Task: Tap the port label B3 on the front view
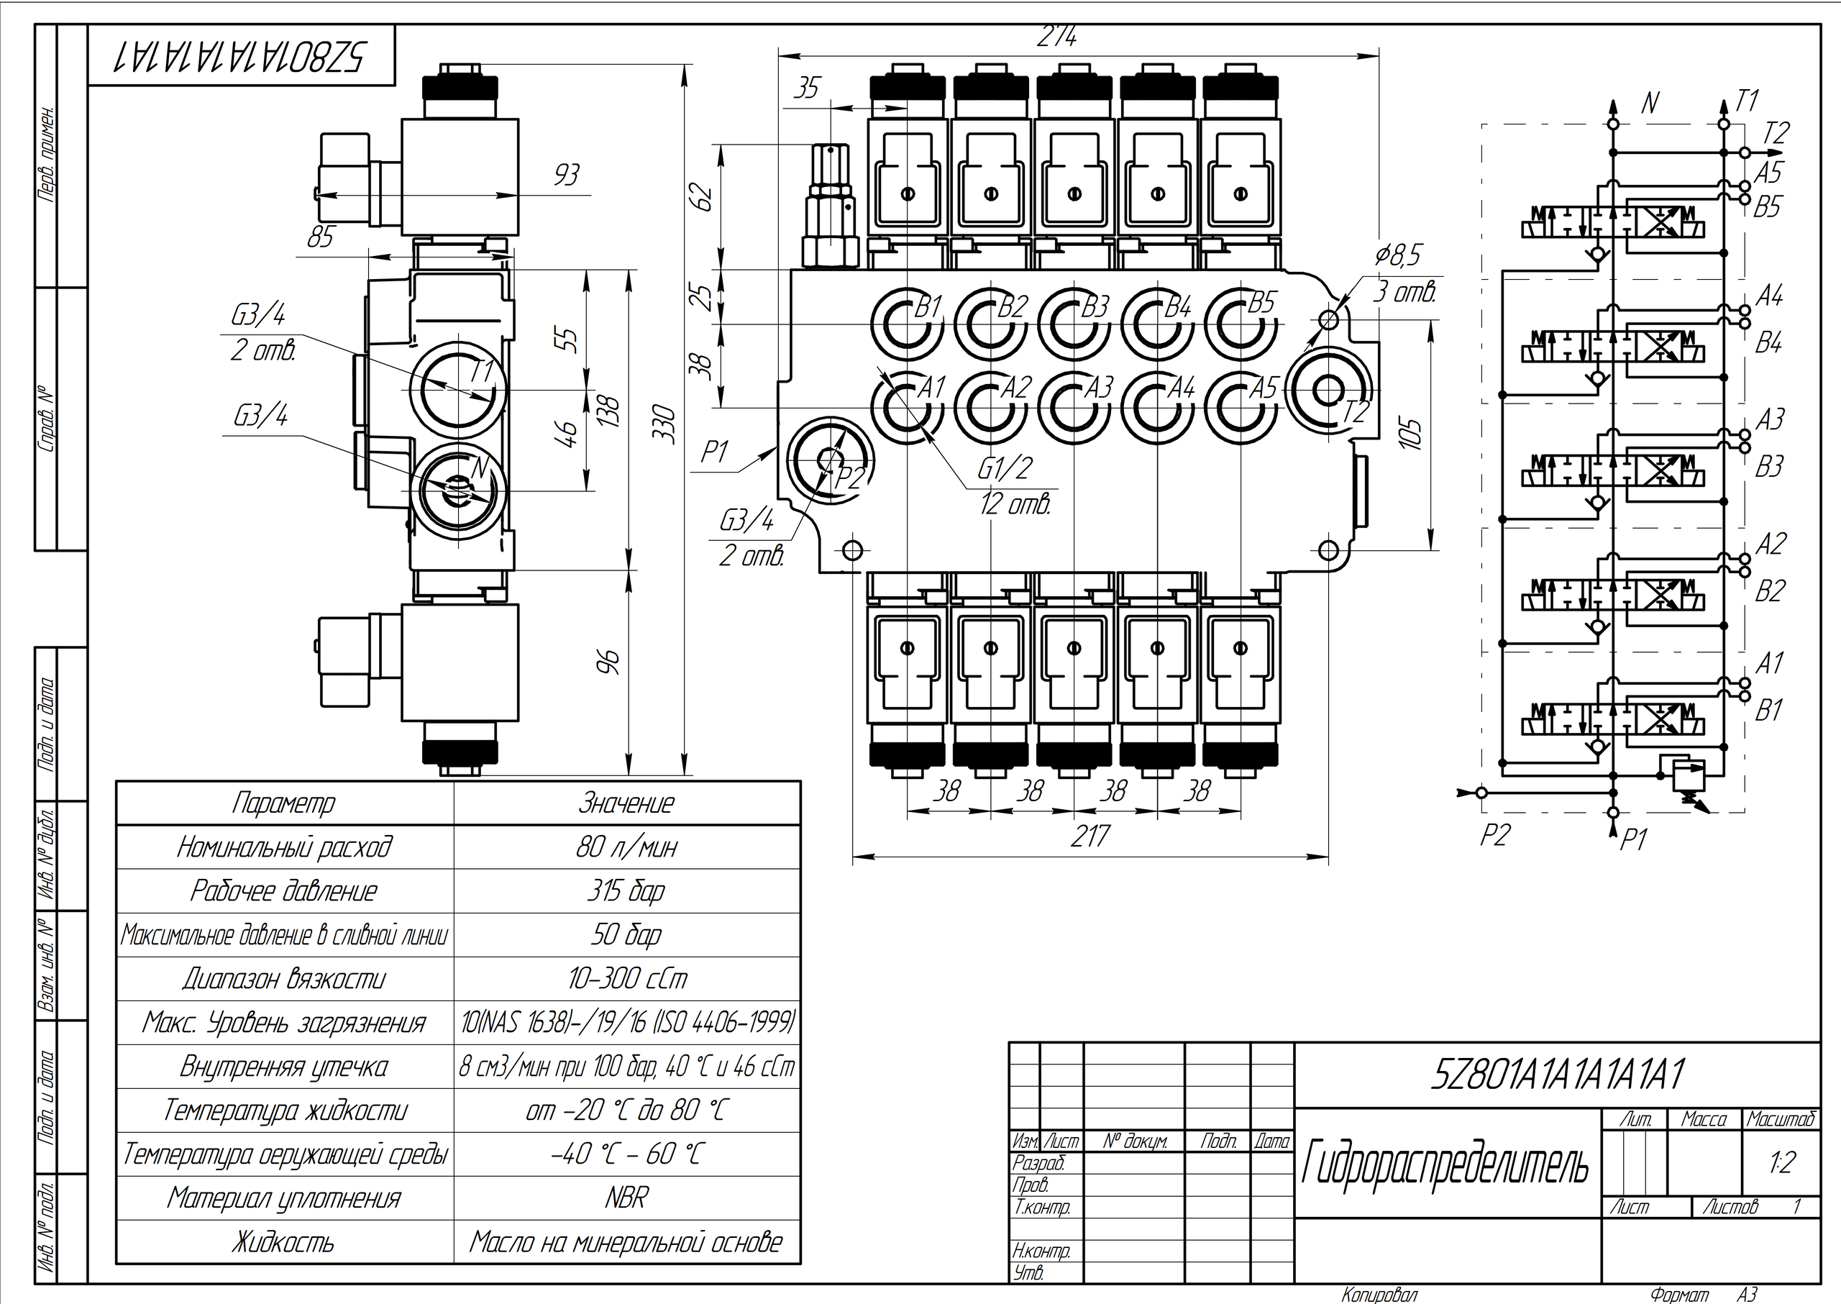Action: (x=1095, y=306)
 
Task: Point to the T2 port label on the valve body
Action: (x=1356, y=412)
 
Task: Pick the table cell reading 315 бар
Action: (x=626, y=890)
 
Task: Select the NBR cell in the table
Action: (x=626, y=1198)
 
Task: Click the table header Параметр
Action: (x=284, y=803)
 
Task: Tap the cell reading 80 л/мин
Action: (x=626, y=847)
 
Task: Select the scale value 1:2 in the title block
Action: (x=1781, y=1162)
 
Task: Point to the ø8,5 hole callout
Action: (x=1398, y=255)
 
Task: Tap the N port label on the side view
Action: (x=480, y=468)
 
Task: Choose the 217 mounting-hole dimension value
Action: (x=1089, y=836)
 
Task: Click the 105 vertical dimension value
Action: (x=1411, y=434)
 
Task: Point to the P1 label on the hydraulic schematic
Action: (x=1634, y=840)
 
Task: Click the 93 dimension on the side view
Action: (x=566, y=175)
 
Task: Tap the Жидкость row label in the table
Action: (x=284, y=1242)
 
